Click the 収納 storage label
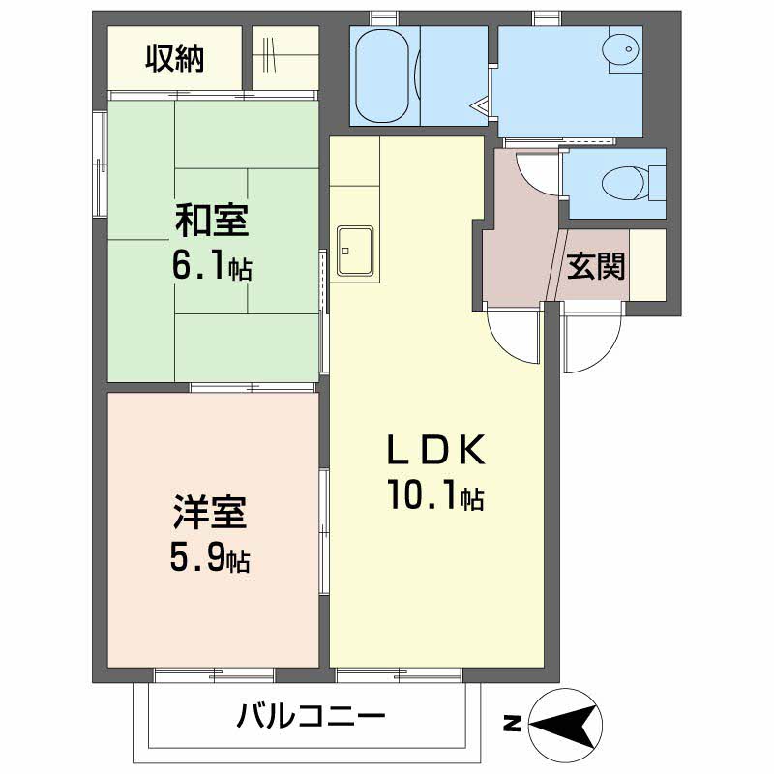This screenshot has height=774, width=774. pos(175,60)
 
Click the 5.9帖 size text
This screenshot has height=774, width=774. pos(211,556)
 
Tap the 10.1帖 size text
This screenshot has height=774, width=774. pos(435,497)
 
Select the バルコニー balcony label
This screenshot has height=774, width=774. pos(310,718)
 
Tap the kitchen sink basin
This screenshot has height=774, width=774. pos(355,250)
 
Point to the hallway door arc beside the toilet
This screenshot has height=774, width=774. pos(537,174)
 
